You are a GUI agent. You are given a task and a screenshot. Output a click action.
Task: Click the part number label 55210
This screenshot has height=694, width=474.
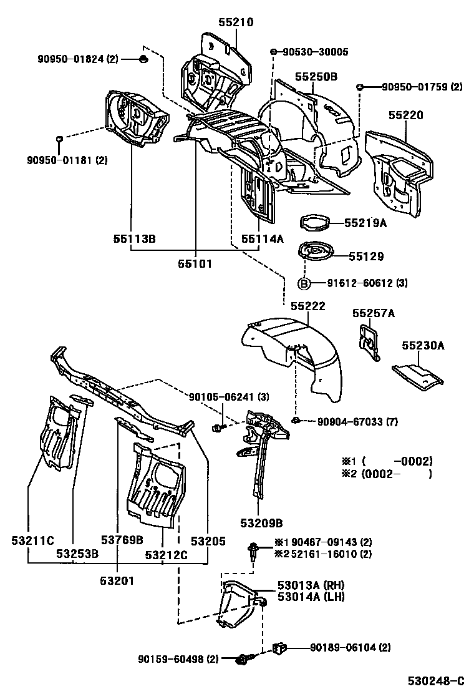pos(236,22)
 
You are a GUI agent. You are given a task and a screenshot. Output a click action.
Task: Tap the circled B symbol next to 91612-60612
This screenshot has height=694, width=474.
pos(304,283)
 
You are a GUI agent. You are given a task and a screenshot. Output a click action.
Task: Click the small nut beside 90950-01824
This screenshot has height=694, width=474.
pos(142,59)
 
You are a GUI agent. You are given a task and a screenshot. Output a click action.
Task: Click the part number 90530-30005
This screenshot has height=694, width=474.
pos(315,52)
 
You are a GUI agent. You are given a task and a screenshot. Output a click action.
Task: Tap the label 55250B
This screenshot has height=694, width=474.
pos(316,77)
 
